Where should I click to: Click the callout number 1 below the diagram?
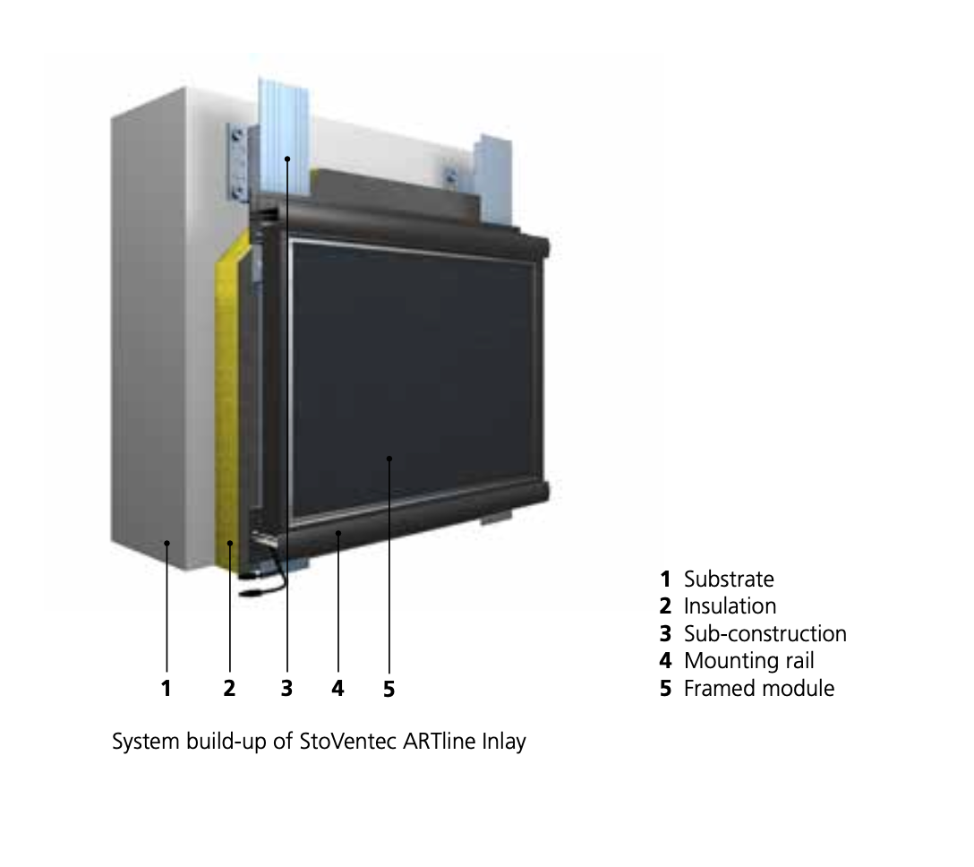tap(167, 688)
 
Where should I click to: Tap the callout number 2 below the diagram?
tap(229, 688)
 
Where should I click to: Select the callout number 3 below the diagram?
tap(286, 688)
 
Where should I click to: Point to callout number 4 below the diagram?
tap(337, 688)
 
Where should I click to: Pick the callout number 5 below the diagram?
tap(389, 688)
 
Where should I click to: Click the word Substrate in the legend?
tap(729, 579)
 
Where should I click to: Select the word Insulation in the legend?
tap(730, 606)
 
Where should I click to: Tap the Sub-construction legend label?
tap(765, 634)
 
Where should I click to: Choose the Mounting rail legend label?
tap(748, 661)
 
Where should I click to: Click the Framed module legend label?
tap(758, 689)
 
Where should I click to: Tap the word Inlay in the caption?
tap(503, 743)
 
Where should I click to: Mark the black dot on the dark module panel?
tap(389, 459)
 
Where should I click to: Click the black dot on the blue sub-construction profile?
tap(286, 159)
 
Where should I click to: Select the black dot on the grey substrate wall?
tap(167, 542)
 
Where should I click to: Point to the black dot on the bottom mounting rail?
tap(337, 532)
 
